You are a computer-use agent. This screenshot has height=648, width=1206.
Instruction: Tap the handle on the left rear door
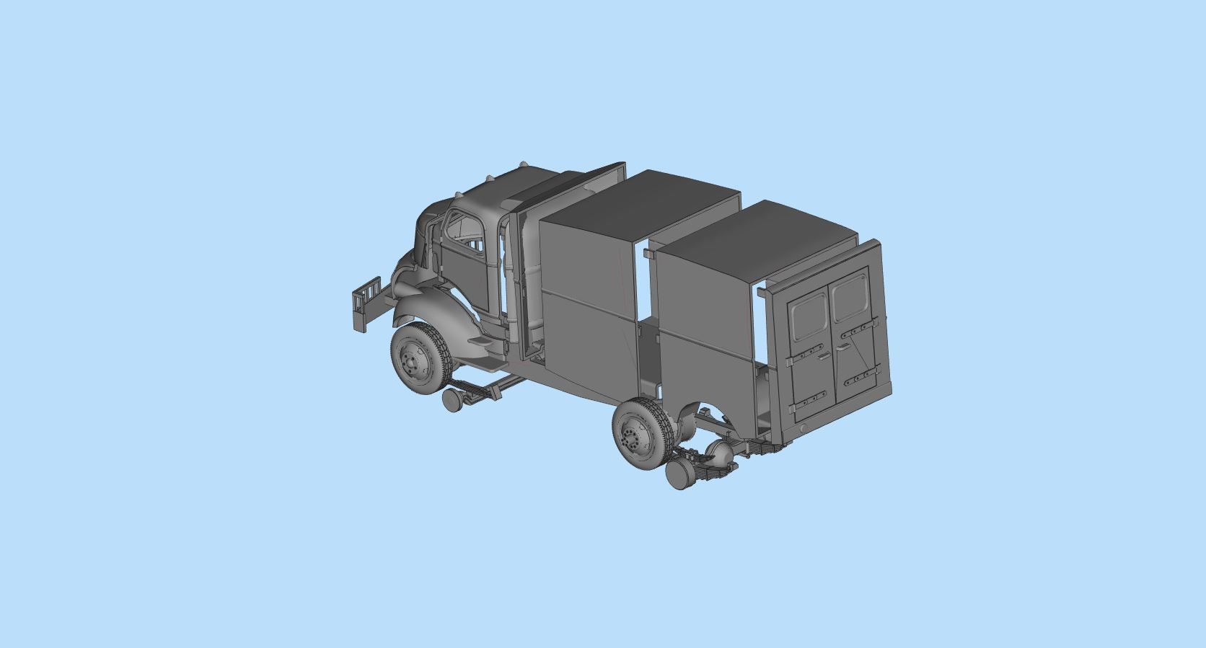click(823, 355)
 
